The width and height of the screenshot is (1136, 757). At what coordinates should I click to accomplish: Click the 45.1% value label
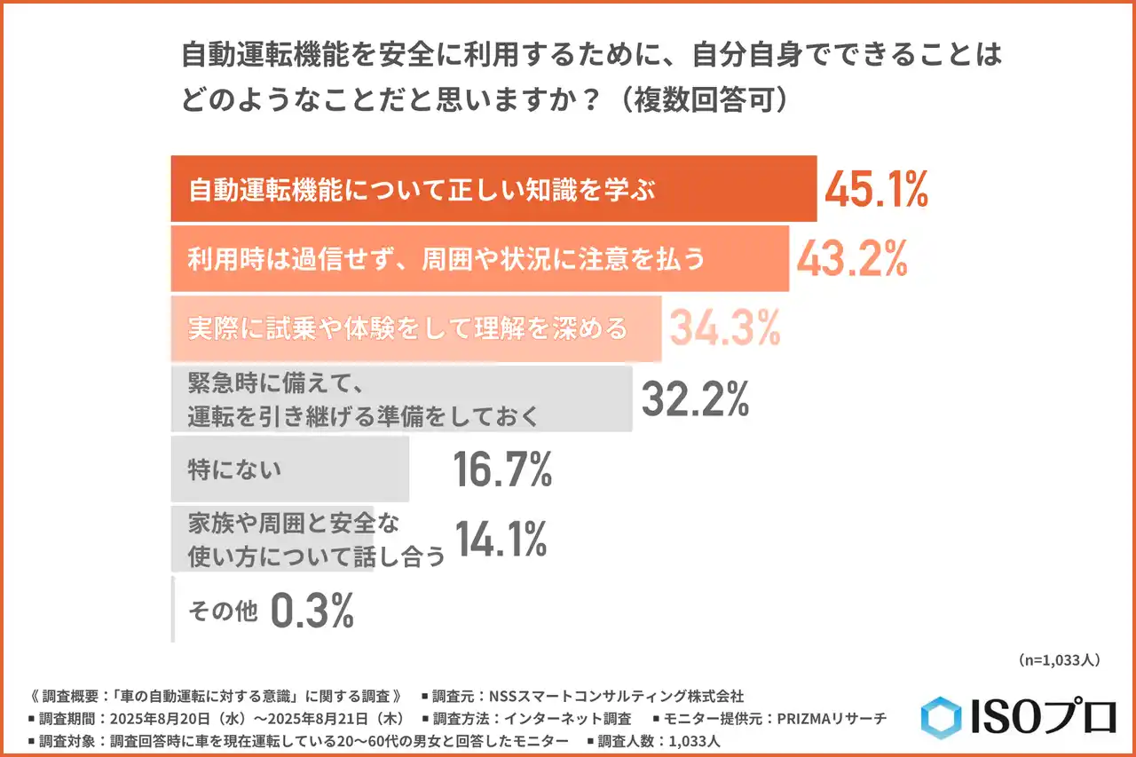(x=876, y=189)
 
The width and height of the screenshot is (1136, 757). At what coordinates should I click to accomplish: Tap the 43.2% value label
(x=851, y=258)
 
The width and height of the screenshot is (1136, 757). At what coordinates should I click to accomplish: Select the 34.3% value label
(x=724, y=328)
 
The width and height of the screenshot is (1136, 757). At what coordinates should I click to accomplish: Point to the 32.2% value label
(x=695, y=399)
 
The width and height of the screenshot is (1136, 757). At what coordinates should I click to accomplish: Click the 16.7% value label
(x=502, y=469)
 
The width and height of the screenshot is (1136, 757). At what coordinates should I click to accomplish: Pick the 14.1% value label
(x=501, y=539)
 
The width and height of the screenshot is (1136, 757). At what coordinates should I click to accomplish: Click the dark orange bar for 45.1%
(x=493, y=189)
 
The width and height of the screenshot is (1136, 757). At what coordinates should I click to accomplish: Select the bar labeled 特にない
(x=289, y=469)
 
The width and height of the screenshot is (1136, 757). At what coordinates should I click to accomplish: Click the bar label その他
(x=222, y=611)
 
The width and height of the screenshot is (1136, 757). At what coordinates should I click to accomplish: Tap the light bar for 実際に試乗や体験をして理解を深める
(x=415, y=328)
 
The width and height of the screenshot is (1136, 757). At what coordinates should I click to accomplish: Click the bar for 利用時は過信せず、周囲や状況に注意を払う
(x=479, y=258)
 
